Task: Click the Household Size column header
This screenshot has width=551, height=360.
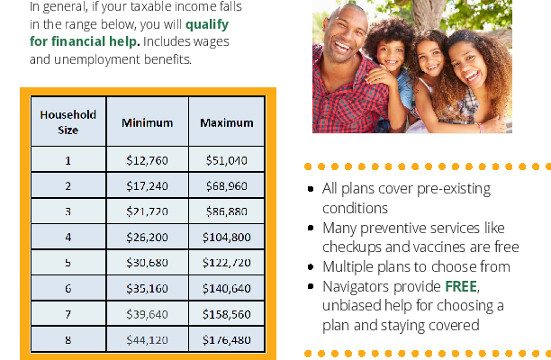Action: [68, 121]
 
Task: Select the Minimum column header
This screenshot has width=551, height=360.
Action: [148, 122]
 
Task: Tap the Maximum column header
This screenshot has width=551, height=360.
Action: [227, 122]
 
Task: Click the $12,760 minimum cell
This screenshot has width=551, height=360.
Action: [148, 160]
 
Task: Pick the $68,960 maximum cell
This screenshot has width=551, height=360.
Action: [227, 185]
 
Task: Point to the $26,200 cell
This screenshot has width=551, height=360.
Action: [148, 237]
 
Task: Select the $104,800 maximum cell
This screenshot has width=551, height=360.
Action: [227, 237]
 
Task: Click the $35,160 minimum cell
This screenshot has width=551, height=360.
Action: [148, 288]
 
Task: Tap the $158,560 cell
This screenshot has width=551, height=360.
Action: [227, 314]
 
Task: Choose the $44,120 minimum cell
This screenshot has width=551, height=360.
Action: [148, 339]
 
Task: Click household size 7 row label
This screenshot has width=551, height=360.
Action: [68, 314]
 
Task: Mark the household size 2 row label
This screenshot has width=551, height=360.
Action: [68, 185]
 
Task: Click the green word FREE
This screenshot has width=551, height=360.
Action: [461, 286]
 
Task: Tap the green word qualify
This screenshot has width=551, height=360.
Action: [207, 24]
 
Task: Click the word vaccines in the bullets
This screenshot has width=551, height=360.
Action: [435, 247]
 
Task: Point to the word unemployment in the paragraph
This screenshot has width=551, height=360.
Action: [96, 59]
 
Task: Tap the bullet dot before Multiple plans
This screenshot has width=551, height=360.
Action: [311, 267]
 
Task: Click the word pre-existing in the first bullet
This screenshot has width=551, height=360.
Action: [453, 189]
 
